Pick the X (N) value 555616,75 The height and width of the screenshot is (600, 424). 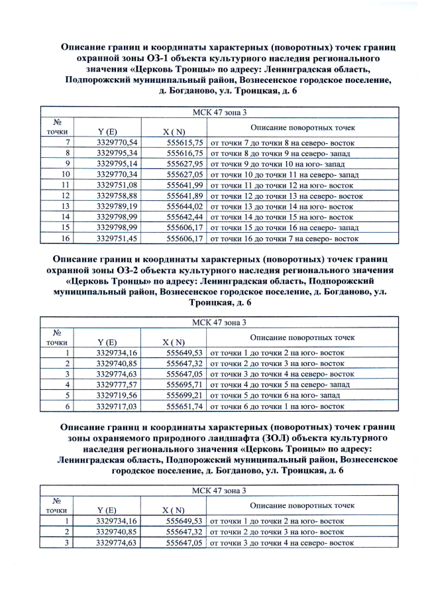(x=184, y=152)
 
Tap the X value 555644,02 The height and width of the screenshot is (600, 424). (x=184, y=206)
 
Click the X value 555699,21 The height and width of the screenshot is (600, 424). (x=184, y=394)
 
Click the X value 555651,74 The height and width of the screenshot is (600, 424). (x=184, y=405)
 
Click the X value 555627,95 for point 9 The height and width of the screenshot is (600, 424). (x=184, y=164)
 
